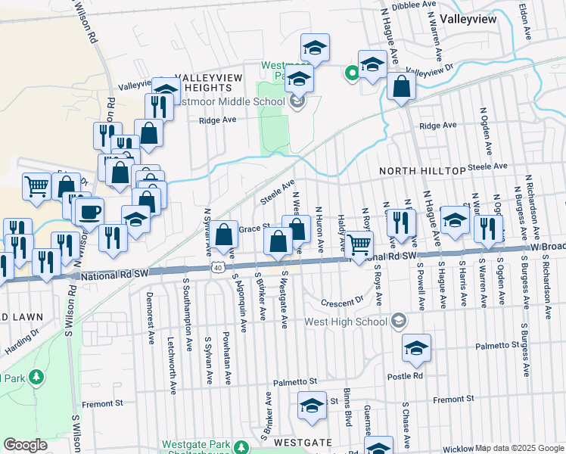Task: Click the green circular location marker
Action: point(351,73)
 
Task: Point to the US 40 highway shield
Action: point(218,267)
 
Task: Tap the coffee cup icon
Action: point(89,211)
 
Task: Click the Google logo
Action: point(26,445)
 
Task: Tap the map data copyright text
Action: point(519,448)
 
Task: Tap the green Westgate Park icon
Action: point(241,447)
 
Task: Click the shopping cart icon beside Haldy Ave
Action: point(359,244)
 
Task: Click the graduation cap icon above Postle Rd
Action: point(416,348)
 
